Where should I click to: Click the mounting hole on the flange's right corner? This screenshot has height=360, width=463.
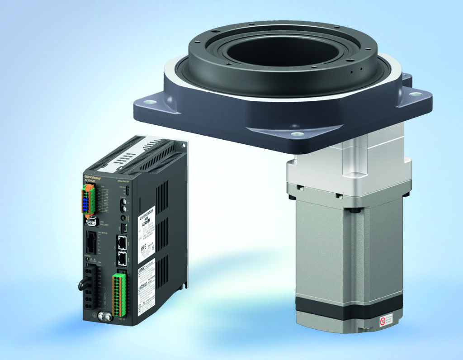(416, 94)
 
